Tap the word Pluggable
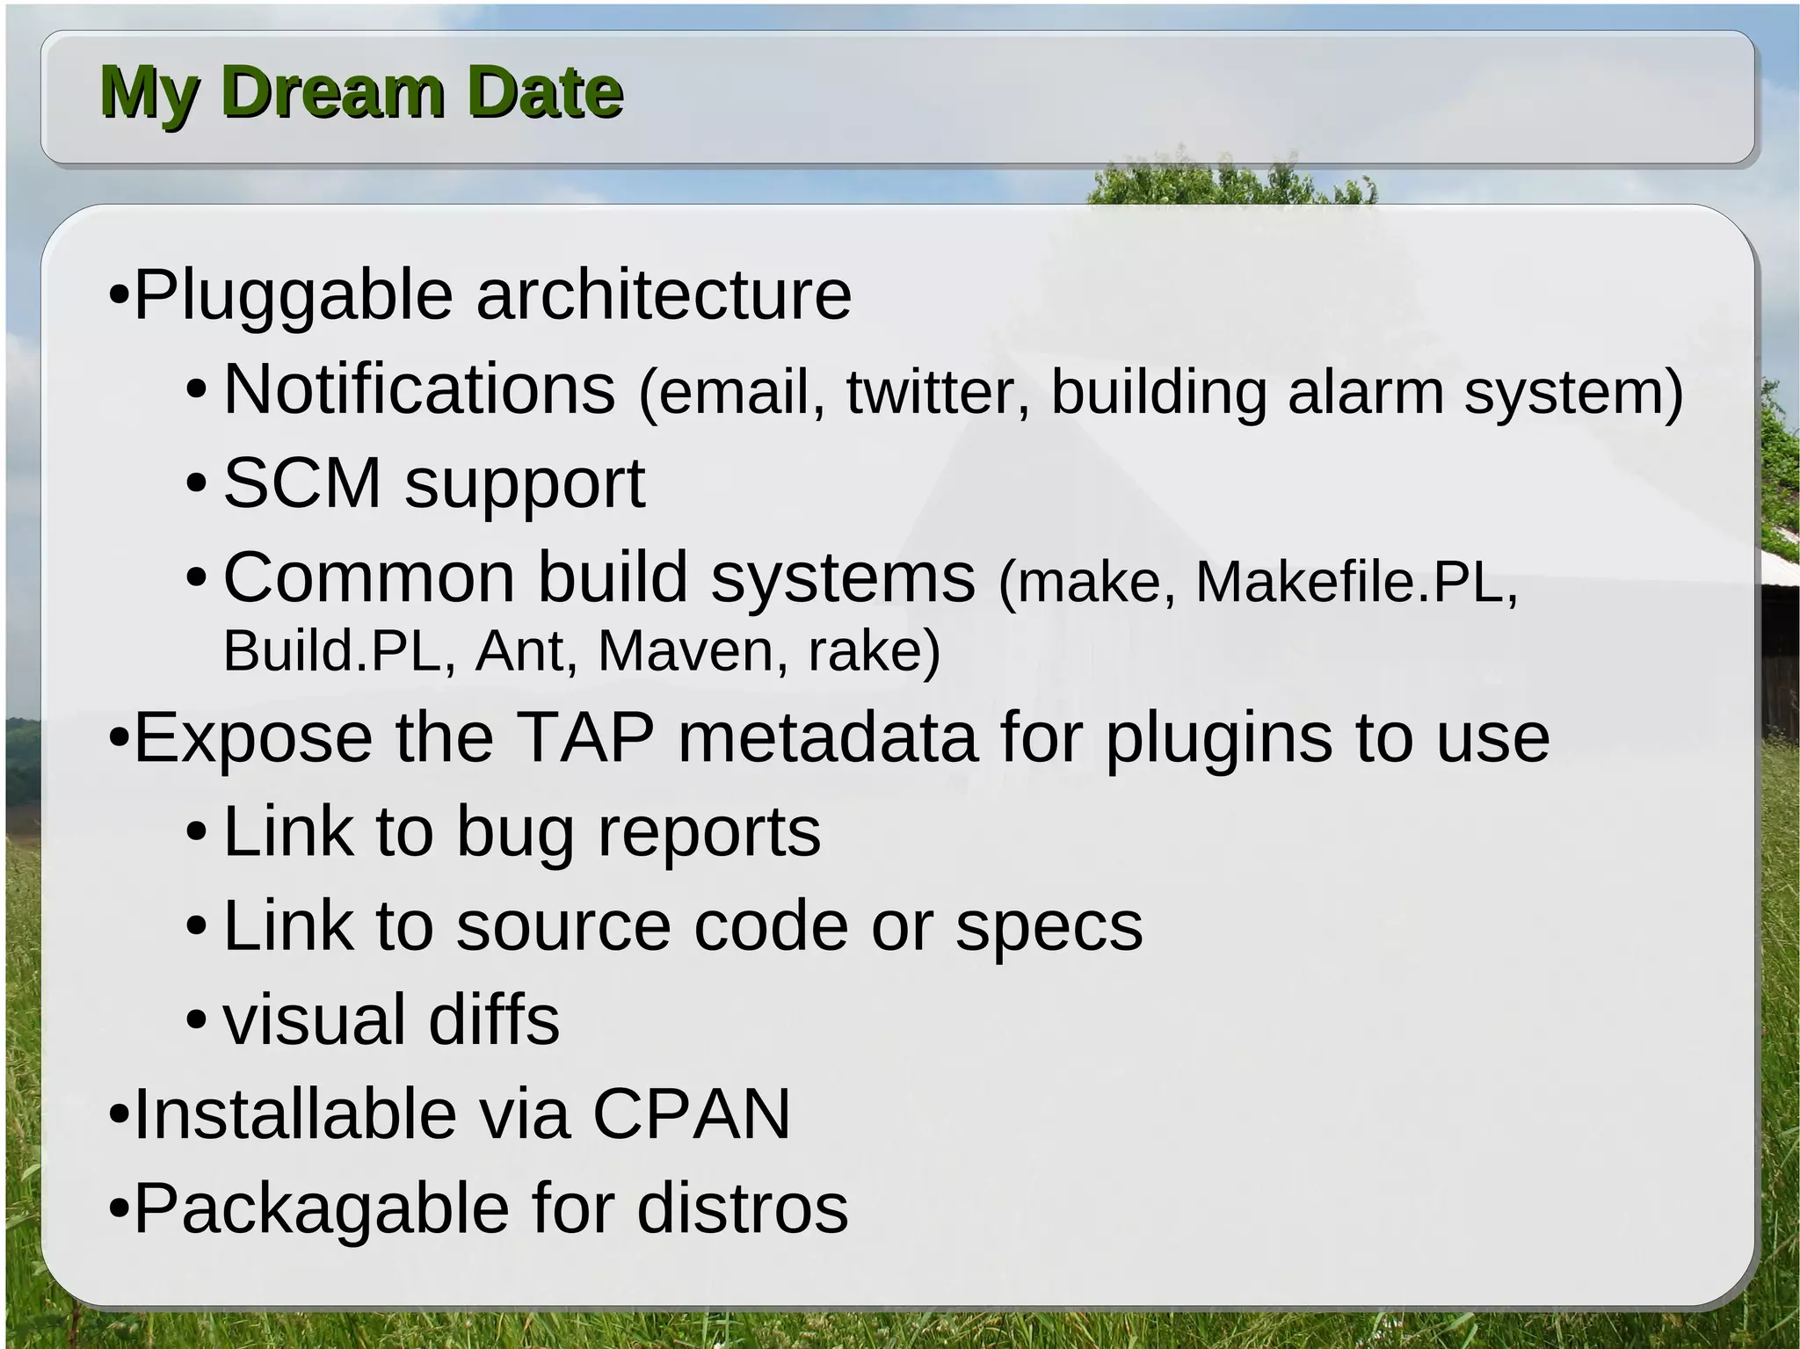(x=294, y=295)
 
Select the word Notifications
(x=419, y=389)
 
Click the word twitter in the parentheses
(x=937, y=392)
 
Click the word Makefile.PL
(x=1355, y=582)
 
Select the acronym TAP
(x=584, y=738)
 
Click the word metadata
(x=828, y=738)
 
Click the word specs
(x=1049, y=927)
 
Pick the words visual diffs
(x=391, y=1020)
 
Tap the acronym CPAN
(x=692, y=1114)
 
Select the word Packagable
(x=321, y=1209)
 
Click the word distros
(x=743, y=1209)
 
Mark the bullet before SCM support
(x=197, y=484)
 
